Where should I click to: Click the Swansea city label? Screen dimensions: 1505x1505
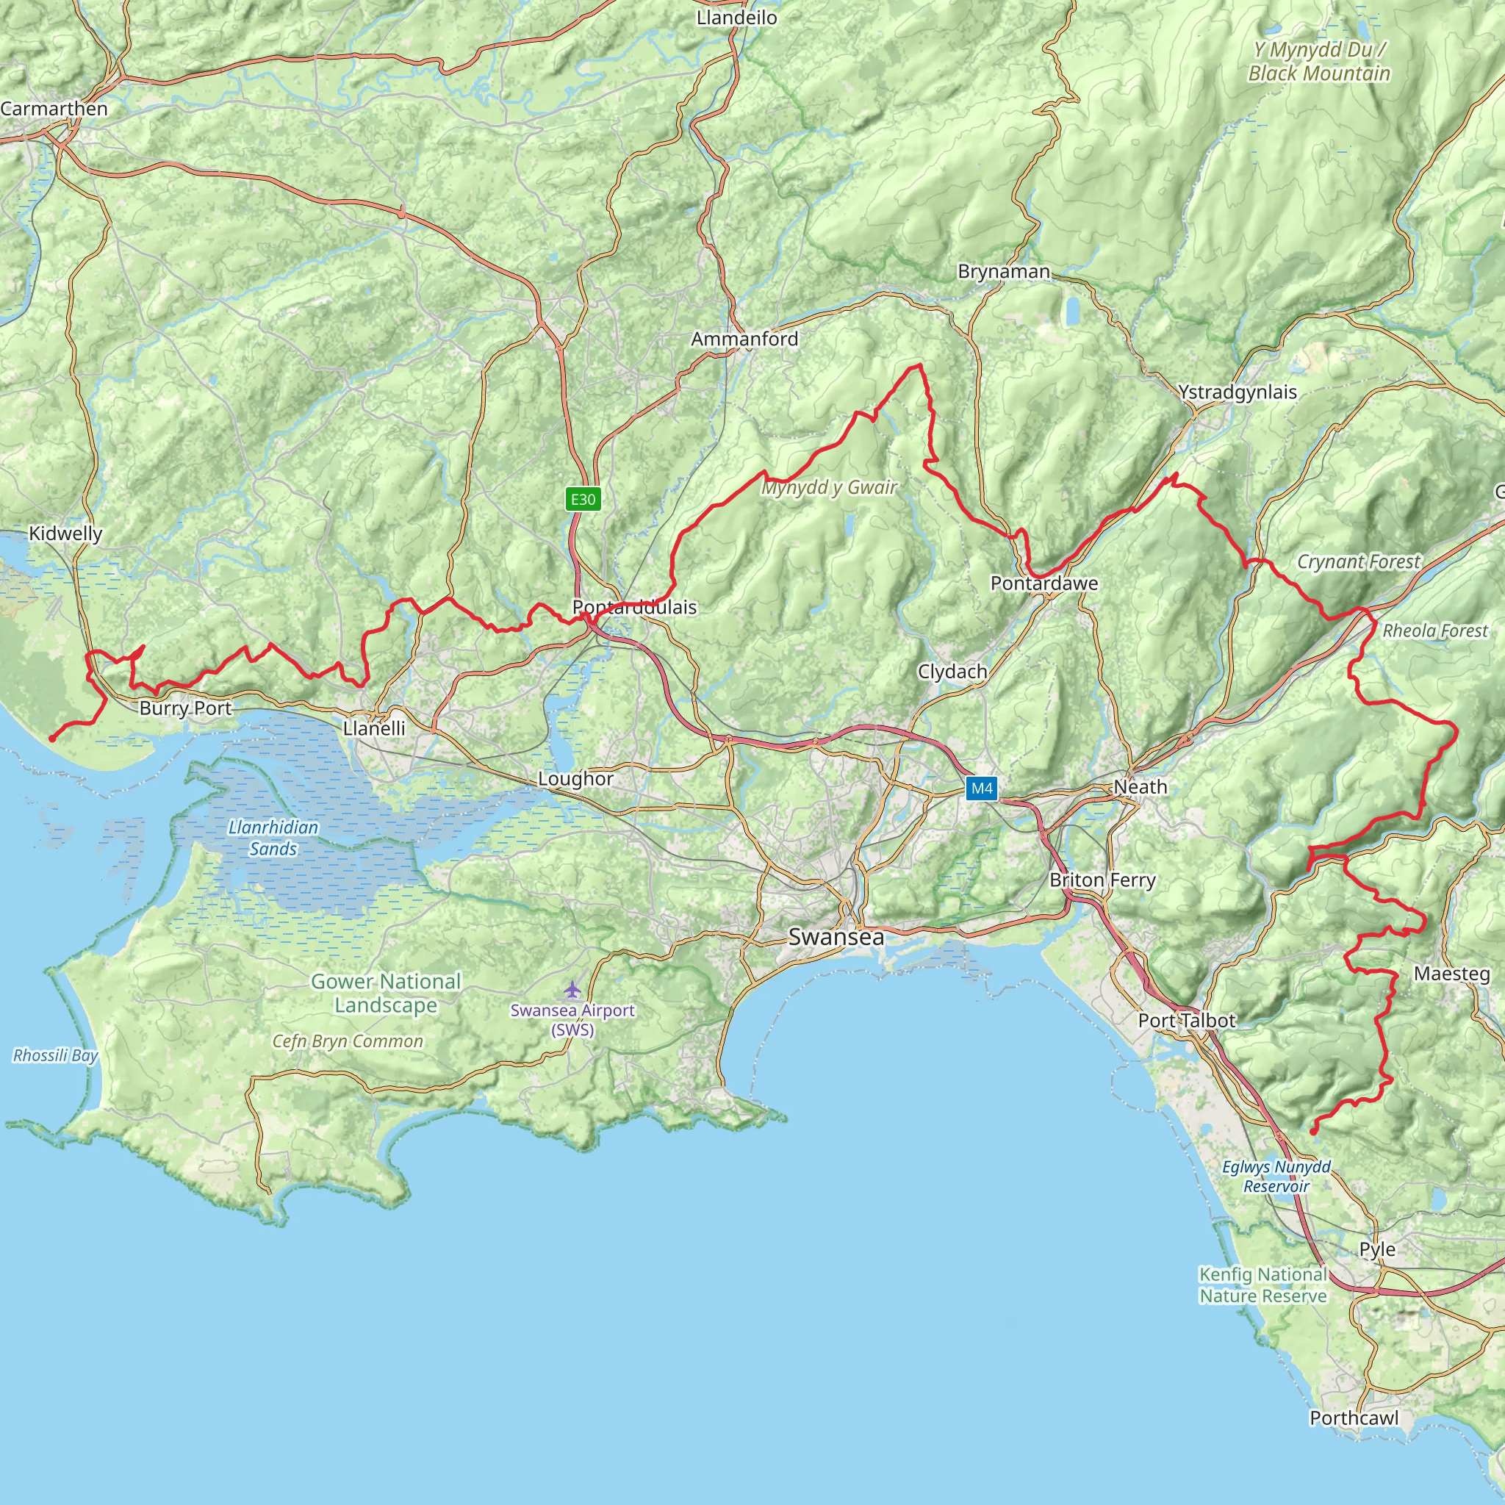click(x=836, y=937)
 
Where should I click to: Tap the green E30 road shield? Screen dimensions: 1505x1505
click(x=583, y=499)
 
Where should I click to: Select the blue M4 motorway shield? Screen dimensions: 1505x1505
click(x=982, y=789)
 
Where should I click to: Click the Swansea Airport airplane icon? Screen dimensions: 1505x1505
click(x=572, y=990)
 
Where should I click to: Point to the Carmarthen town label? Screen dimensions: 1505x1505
click(x=54, y=108)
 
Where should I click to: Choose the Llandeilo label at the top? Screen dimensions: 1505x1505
click(x=736, y=17)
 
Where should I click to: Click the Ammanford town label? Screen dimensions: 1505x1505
click(x=744, y=339)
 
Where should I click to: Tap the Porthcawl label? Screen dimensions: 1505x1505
click(x=1354, y=1418)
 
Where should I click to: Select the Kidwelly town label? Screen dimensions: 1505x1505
click(x=65, y=534)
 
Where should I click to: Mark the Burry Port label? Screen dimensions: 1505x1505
click(x=185, y=708)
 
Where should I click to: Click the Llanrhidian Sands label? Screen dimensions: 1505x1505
click(x=273, y=838)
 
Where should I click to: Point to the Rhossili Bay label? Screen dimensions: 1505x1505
click(x=55, y=1055)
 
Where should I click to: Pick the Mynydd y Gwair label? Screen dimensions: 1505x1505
click(x=829, y=488)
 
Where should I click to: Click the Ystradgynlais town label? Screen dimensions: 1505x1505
click(x=1237, y=392)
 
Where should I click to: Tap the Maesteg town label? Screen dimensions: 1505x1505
click(x=1451, y=974)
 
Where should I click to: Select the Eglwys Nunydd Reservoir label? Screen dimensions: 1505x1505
click(x=1276, y=1177)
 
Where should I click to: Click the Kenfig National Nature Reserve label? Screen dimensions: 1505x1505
click(x=1262, y=1285)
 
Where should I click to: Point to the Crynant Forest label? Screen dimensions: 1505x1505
click(x=1359, y=561)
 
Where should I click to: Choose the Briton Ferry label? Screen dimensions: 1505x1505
click(x=1102, y=880)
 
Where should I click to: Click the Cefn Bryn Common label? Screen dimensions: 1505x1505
click(x=348, y=1041)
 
